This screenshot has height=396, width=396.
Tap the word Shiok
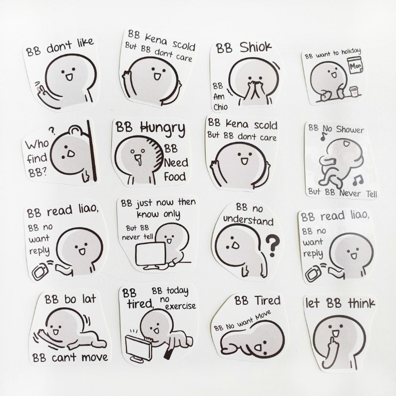tap(255, 47)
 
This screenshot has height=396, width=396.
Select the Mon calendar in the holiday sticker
tap(355, 67)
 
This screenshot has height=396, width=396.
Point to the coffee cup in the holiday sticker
tap(353, 91)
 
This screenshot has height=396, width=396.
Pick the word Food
tap(175, 177)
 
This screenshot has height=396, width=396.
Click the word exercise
tap(180, 306)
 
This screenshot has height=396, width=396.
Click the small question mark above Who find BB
tap(52, 131)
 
